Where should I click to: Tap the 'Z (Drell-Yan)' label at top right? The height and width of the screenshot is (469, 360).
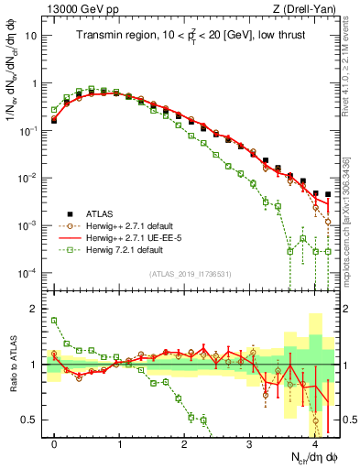(308, 9)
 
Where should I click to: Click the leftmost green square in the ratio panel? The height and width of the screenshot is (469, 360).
(55, 321)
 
